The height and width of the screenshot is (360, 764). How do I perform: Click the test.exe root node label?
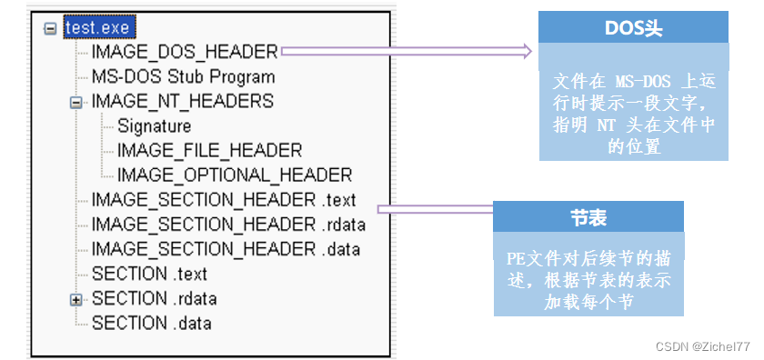96,28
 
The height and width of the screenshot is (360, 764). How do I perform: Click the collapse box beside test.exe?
50,29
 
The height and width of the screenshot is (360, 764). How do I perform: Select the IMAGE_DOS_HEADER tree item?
185,53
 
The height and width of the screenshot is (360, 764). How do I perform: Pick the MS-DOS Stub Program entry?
183,77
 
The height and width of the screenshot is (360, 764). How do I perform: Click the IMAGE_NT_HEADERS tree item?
182,101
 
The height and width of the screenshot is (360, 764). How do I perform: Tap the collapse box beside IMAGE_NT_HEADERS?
75,102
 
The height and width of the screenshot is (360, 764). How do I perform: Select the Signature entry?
154,126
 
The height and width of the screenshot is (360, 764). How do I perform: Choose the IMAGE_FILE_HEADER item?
209,150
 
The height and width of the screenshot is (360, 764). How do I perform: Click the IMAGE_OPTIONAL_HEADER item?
234,175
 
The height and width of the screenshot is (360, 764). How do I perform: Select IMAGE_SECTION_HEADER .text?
224,199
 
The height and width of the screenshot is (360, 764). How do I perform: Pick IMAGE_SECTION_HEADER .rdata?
227,224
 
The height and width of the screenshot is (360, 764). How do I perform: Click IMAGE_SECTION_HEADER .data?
226,248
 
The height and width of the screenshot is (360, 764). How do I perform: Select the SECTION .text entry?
149,273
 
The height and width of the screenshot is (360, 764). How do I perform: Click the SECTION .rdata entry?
154,297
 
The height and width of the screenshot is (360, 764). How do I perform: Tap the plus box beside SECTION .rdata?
75,298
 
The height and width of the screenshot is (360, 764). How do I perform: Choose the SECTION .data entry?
151,322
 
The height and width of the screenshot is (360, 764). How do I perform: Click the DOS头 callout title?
633,28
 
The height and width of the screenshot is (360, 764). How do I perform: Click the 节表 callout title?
588,217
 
